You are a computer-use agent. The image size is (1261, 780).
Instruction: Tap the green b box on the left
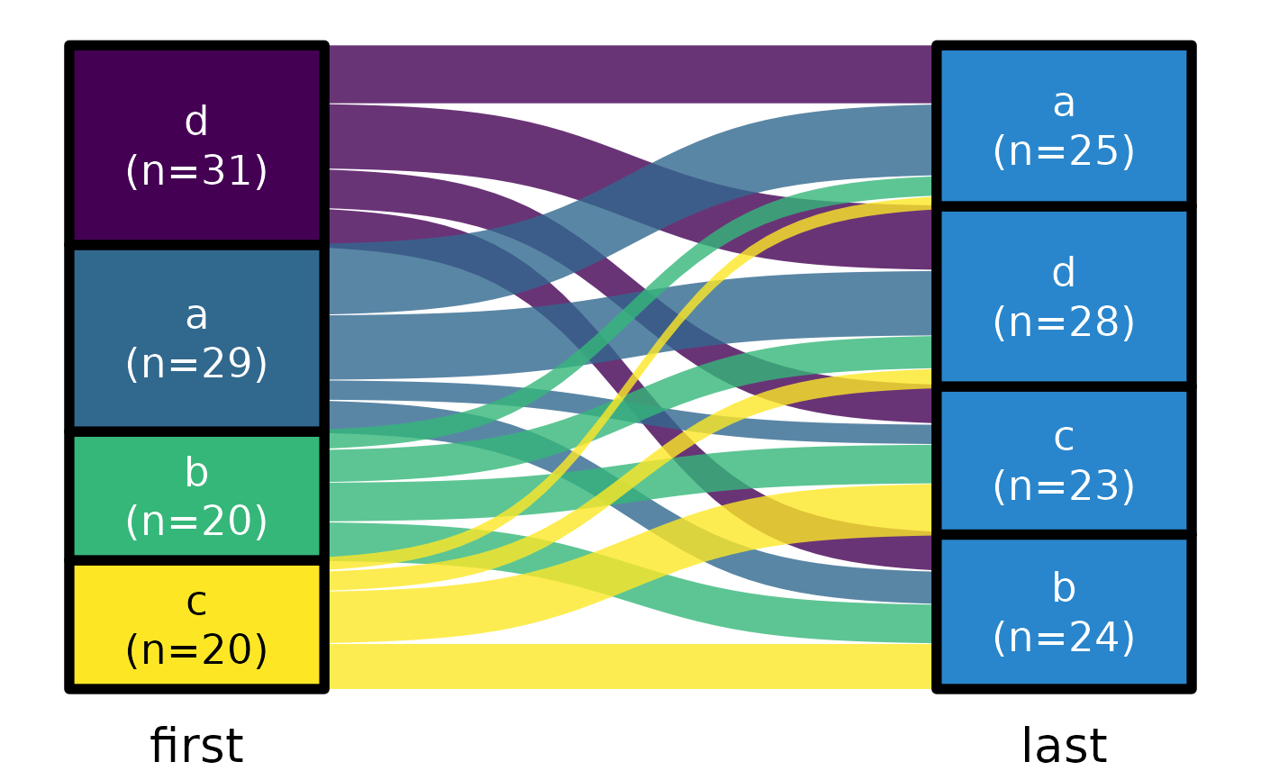[x=196, y=496]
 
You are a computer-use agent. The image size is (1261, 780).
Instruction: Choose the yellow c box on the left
[x=196, y=625]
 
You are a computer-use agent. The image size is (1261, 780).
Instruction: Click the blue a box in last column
[x=1064, y=126]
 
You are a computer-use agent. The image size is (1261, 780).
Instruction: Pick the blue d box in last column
[x=1064, y=297]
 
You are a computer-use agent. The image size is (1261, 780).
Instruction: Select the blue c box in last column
[x=1064, y=461]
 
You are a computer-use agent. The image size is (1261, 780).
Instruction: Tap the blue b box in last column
[x=1064, y=612]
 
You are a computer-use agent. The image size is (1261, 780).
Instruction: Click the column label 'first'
[x=196, y=747]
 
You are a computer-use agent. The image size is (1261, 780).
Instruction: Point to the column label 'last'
[x=1064, y=747]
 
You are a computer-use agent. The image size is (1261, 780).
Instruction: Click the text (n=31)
[x=196, y=171]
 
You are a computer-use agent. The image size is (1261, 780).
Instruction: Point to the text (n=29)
[x=196, y=364]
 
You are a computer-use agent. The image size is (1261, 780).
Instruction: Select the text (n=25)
[x=1064, y=151]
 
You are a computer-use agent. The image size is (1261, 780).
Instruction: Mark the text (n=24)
[x=1064, y=638]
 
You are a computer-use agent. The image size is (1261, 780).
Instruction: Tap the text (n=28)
[x=1064, y=322]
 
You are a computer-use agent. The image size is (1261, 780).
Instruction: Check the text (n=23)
[x=1064, y=486]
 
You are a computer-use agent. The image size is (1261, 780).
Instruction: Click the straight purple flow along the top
[x=630, y=74]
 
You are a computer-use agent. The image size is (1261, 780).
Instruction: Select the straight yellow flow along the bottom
[x=630, y=667]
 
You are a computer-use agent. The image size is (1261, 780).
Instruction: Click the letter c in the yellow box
[x=196, y=602]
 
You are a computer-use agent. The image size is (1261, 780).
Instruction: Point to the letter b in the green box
[x=196, y=473]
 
